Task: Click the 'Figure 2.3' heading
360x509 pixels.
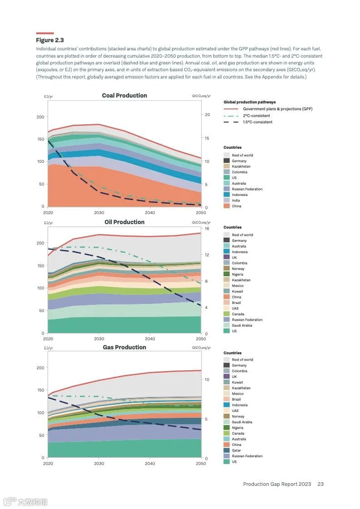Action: (50, 40)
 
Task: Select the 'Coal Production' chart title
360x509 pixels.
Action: (124, 96)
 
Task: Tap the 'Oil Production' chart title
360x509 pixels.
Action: (124, 222)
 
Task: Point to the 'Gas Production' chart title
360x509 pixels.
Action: (124, 347)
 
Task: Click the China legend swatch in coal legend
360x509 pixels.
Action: (227, 206)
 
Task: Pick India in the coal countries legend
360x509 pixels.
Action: (236, 201)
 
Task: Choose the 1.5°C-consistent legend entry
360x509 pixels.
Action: (257, 122)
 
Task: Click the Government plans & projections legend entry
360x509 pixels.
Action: (277, 109)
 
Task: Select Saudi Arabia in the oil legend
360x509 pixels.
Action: (242, 325)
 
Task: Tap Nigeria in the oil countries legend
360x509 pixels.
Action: (237, 274)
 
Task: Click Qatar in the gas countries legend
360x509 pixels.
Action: (237, 450)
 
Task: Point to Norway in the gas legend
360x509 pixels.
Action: (238, 416)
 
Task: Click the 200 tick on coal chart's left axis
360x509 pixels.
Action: (40, 117)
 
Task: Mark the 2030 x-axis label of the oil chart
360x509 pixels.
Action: (99, 339)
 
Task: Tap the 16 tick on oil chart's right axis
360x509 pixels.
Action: (207, 229)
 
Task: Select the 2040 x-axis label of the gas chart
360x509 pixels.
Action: (150, 464)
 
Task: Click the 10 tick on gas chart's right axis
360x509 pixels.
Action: (207, 380)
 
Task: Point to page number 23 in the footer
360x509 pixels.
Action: (321, 484)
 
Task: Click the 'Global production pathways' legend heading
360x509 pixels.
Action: (249, 103)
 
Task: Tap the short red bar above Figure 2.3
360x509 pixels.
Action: (45, 33)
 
